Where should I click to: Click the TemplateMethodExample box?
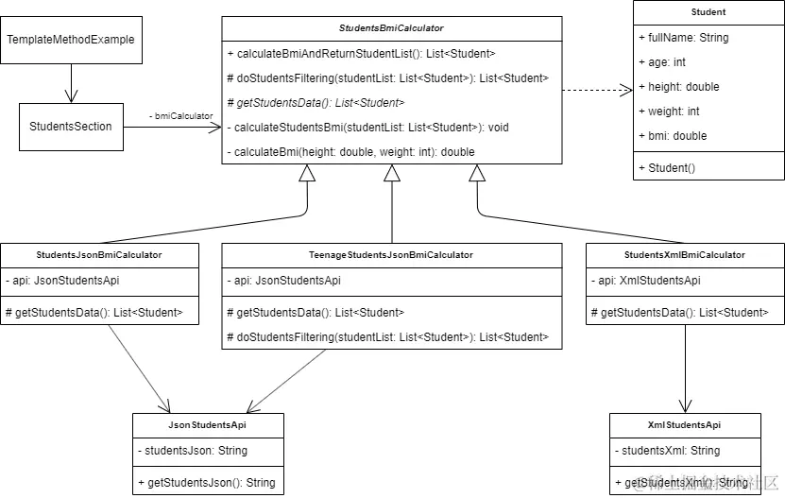pyautogui.click(x=71, y=40)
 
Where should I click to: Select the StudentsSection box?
pyautogui.click(x=71, y=127)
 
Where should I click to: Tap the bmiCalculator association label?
pyautogui.click(x=180, y=115)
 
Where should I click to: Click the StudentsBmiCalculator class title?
pyautogui.click(x=391, y=28)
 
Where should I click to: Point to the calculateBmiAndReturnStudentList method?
pyautogui.click(x=362, y=54)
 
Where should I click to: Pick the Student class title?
pyautogui.click(x=708, y=13)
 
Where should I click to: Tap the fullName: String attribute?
pyautogui.click(x=682, y=38)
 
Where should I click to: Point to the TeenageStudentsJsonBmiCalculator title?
pyautogui.click(x=391, y=255)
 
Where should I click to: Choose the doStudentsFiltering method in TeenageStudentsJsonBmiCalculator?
pyautogui.click(x=388, y=337)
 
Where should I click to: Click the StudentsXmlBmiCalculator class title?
pyautogui.click(x=684, y=255)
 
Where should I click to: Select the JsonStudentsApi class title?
pyautogui.click(x=206, y=425)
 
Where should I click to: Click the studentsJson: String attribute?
pyautogui.click(x=192, y=451)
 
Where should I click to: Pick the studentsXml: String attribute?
pyautogui.click(x=672, y=451)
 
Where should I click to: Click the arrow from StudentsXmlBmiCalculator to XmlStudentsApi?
pyautogui.click(x=684, y=369)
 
